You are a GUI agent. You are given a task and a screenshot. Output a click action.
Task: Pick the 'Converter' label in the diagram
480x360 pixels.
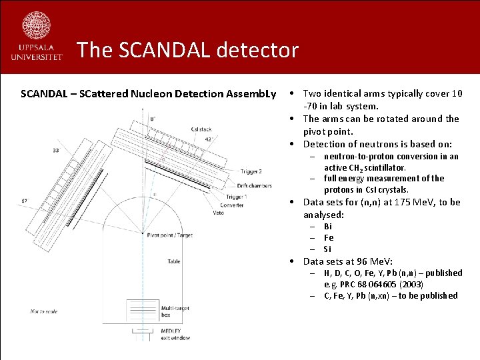[233, 205]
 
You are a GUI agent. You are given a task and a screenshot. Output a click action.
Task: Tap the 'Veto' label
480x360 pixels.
[219, 213]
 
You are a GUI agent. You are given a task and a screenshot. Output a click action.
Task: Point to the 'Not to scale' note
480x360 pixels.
[44, 311]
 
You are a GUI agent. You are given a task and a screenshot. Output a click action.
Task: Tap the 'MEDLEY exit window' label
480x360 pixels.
[175, 334]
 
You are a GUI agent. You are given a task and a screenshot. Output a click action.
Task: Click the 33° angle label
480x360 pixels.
[55, 150]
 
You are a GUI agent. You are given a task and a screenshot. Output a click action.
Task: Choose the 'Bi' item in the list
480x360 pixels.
[328, 226]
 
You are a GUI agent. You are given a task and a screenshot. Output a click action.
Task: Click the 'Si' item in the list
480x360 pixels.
[327, 249]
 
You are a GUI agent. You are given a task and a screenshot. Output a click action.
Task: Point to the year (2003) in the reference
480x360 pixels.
[411, 284]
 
